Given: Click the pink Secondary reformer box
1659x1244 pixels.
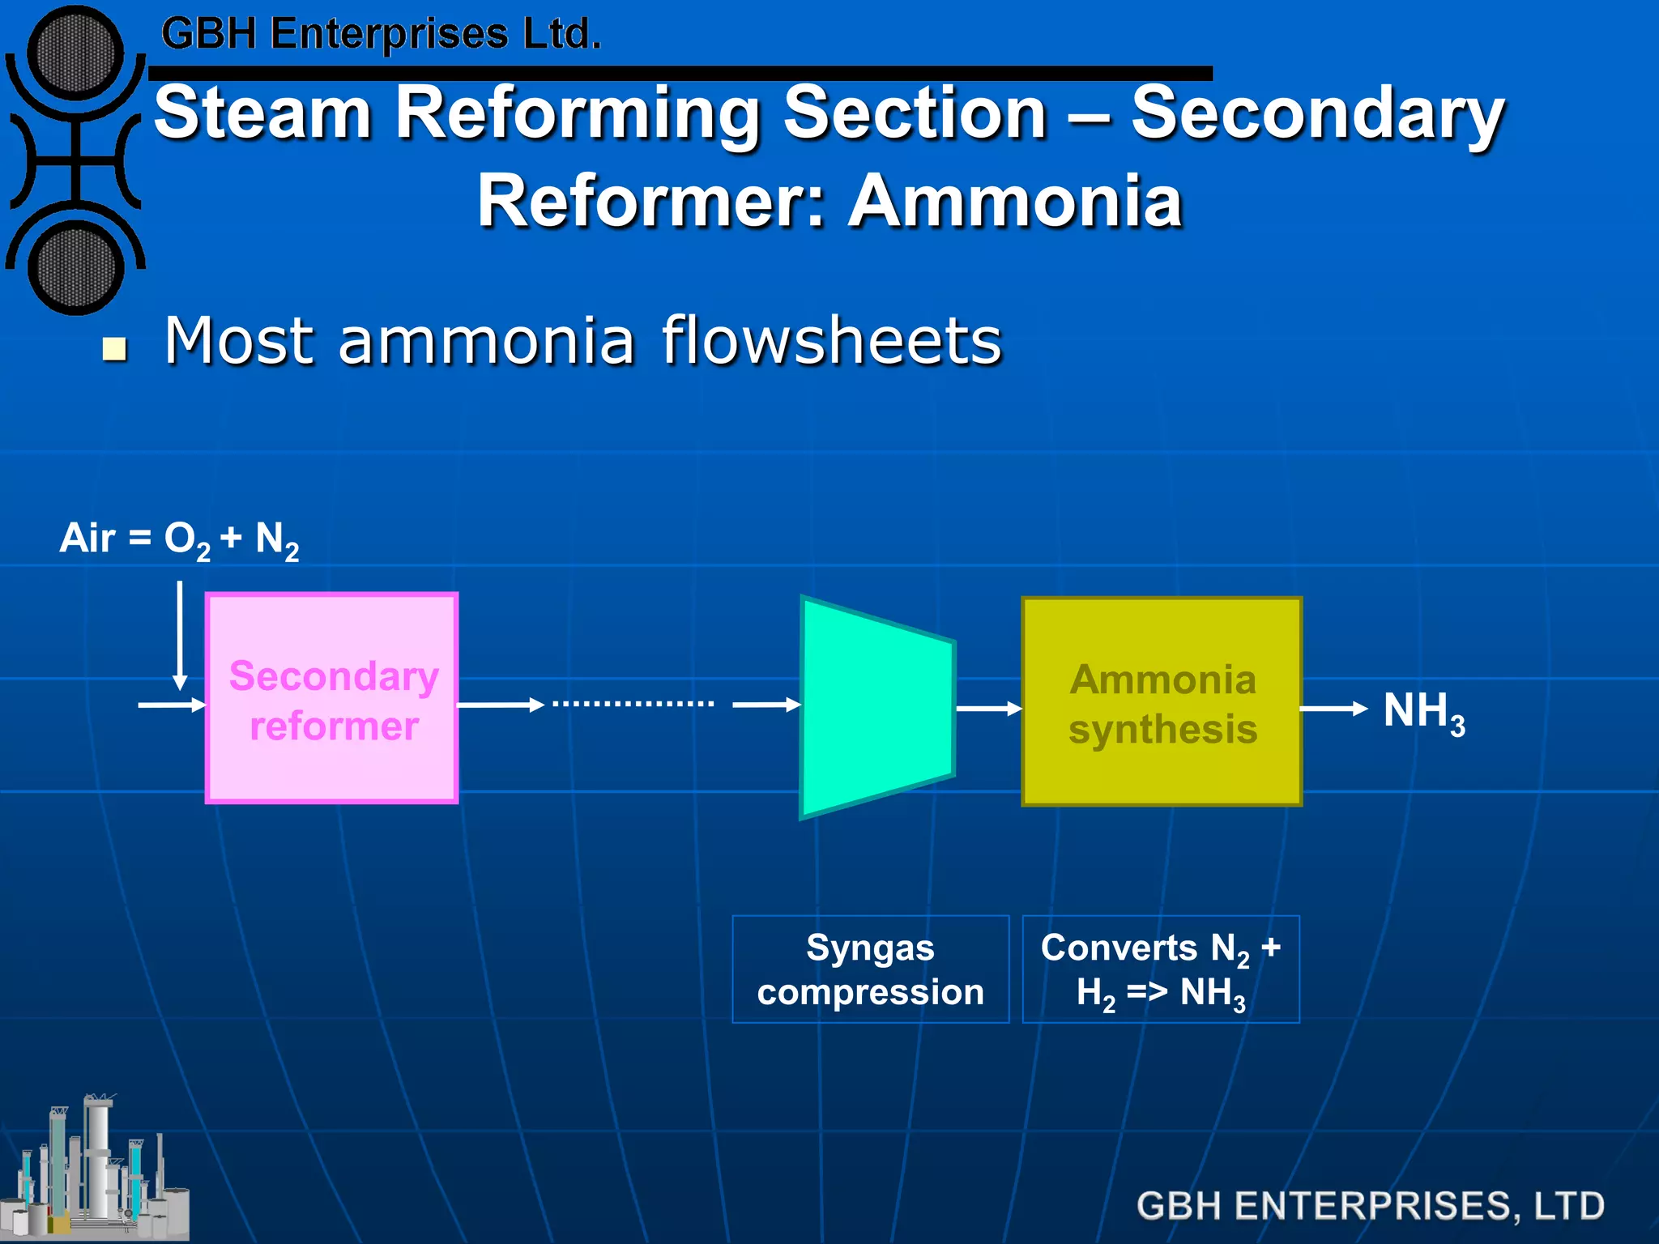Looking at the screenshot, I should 332,698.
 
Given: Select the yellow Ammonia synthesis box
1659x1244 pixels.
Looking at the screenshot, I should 1162,702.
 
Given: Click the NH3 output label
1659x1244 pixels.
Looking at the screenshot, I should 1423,712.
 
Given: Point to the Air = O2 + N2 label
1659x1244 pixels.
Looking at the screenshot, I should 179,539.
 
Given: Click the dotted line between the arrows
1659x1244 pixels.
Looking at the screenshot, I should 633,704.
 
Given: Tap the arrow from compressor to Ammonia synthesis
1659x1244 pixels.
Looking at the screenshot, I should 989,709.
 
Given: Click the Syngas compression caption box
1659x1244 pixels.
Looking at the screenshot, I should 870,969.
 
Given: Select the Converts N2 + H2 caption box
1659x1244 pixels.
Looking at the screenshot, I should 1160,969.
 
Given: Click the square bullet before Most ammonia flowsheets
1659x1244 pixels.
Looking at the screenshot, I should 115,349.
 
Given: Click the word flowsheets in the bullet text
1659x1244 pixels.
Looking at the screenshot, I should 832,341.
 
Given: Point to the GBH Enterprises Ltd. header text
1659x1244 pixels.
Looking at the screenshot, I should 381,34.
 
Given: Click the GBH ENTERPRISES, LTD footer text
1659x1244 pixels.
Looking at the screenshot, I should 1370,1205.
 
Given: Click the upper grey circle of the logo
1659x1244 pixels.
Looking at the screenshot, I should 75,53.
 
